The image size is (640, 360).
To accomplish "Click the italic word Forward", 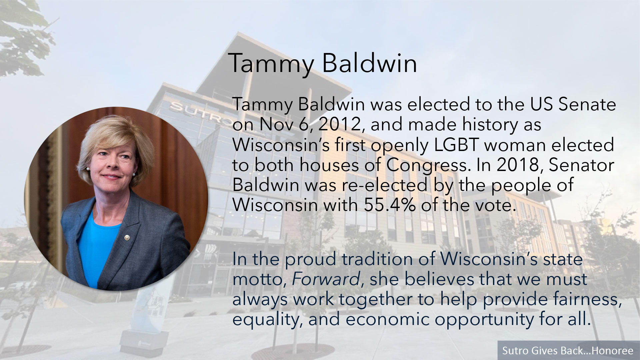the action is tap(326, 279).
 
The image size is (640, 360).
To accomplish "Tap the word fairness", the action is tap(585, 299).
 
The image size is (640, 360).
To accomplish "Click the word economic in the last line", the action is tap(388, 319).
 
